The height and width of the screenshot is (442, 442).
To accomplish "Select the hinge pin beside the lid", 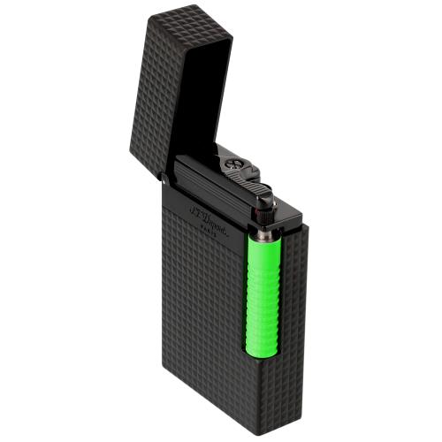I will pos(165,180).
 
